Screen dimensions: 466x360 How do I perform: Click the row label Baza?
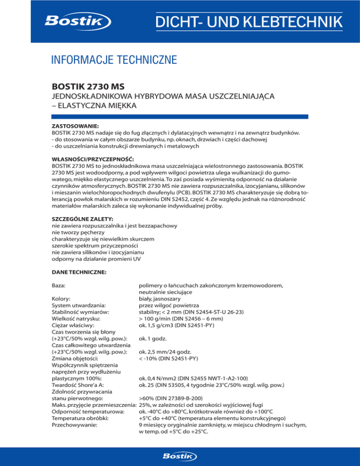coord(61,285)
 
